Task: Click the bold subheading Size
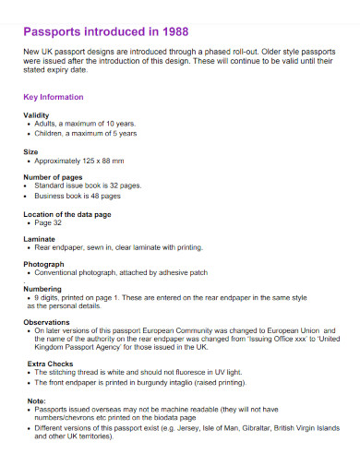coord(30,150)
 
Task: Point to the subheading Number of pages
coord(53,176)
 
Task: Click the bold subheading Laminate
coord(40,239)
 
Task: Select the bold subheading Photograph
coord(44,265)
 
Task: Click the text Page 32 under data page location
coord(48,222)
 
